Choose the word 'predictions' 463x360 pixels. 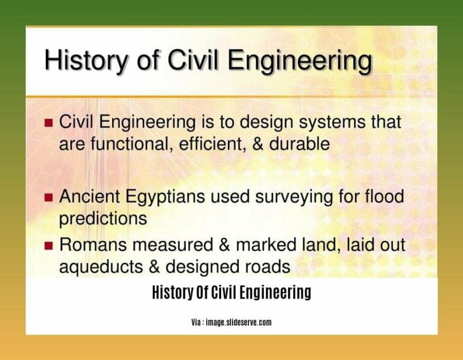pos(103,218)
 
